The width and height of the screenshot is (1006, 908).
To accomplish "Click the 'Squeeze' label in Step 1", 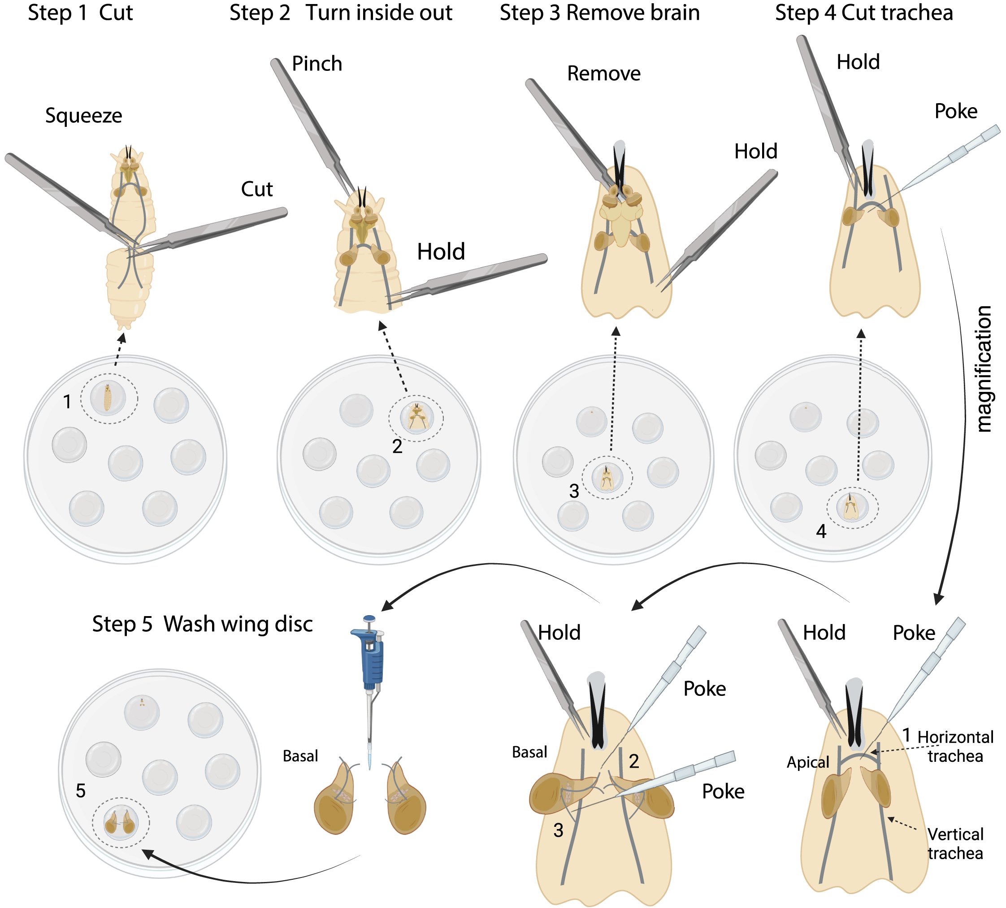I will (x=83, y=116).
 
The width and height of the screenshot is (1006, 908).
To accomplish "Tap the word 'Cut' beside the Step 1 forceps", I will (x=256, y=190).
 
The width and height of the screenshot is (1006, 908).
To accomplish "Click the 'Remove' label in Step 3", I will (x=603, y=74).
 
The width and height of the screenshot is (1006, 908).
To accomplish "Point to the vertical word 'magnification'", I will (x=984, y=369).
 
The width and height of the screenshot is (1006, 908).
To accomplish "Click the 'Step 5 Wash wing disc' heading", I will (x=202, y=624).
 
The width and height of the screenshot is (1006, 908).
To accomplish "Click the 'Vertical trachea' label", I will (x=955, y=843).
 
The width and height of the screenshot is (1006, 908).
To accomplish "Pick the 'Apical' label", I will (x=807, y=762).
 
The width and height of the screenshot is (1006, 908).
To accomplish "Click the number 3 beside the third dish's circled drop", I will (x=574, y=491).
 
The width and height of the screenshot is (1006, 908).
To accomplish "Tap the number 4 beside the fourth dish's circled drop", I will (x=821, y=532).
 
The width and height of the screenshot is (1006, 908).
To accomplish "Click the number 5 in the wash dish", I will (x=81, y=791).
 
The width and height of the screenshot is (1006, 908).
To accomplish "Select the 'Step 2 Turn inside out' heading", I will (x=341, y=13).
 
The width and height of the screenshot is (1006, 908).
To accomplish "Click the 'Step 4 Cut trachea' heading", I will (x=864, y=13).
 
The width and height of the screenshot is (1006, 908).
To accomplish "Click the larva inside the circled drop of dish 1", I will (x=107, y=398).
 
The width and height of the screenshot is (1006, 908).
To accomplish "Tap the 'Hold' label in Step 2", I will (x=441, y=252).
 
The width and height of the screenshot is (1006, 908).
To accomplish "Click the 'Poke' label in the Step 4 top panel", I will (x=956, y=112).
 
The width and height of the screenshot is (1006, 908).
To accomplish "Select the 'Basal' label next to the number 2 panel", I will (x=529, y=752).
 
